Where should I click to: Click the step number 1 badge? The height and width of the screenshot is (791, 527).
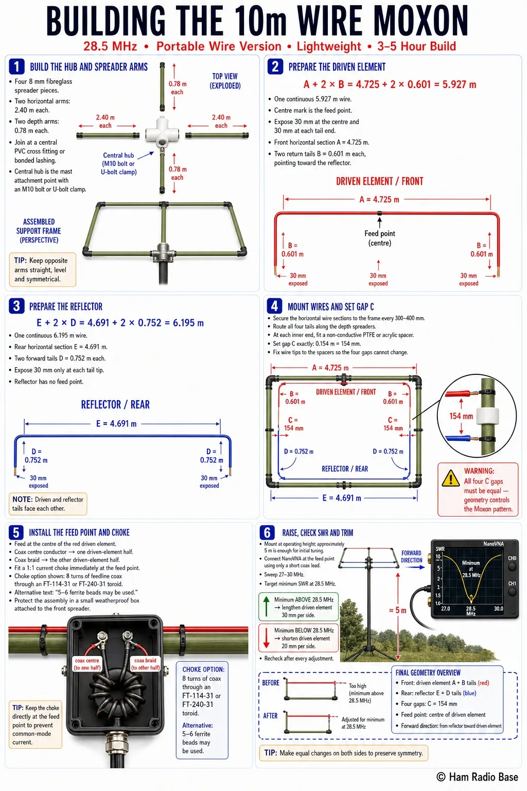[16, 66]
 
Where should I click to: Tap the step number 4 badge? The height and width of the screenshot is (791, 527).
[274, 306]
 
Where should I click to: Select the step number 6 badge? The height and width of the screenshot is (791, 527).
[267, 532]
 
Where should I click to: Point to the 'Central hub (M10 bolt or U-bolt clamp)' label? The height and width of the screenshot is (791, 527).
[118, 163]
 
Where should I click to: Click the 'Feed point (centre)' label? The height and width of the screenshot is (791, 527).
[379, 238]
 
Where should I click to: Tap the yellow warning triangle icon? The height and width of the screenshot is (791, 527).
[450, 478]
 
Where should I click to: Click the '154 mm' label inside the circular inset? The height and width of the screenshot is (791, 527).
[461, 416]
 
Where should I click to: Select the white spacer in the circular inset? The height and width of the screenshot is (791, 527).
[487, 416]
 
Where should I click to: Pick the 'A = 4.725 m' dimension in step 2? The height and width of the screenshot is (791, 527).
[379, 199]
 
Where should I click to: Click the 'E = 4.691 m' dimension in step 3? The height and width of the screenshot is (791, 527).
[116, 423]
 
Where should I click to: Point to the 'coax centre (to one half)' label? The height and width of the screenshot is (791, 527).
[87, 664]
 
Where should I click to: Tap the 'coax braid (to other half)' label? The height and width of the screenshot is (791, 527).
[145, 664]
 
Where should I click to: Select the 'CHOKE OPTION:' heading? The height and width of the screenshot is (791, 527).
[203, 669]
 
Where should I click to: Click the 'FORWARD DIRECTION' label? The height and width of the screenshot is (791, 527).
[412, 557]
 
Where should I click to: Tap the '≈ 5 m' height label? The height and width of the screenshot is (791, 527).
[397, 610]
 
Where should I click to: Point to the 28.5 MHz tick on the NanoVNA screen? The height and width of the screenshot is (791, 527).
[470, 608]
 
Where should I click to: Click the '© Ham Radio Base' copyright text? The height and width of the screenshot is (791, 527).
[477, 777]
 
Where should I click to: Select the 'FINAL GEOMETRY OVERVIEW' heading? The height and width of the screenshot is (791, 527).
[428, 673]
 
